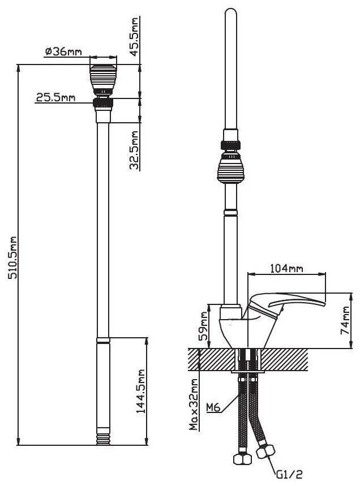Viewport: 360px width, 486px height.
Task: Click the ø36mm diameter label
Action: (x=63, y=51)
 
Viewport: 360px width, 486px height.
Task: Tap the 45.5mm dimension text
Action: (x=134, y=37)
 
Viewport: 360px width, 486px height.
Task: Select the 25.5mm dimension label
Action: (x=55, y=97)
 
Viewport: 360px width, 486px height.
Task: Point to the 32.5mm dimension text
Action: (x=134, y=150)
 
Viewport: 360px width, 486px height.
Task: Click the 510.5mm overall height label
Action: (x=12, y=257)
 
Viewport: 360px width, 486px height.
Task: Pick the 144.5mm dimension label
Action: (x=141, y=390)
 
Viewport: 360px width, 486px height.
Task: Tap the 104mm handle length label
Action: (x=287, y=268)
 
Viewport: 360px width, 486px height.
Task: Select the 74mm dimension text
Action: (x=345, y=320)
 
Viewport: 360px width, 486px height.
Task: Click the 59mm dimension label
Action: (x=203, y=326)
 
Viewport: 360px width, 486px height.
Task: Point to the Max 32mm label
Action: (x=194, y=405)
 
